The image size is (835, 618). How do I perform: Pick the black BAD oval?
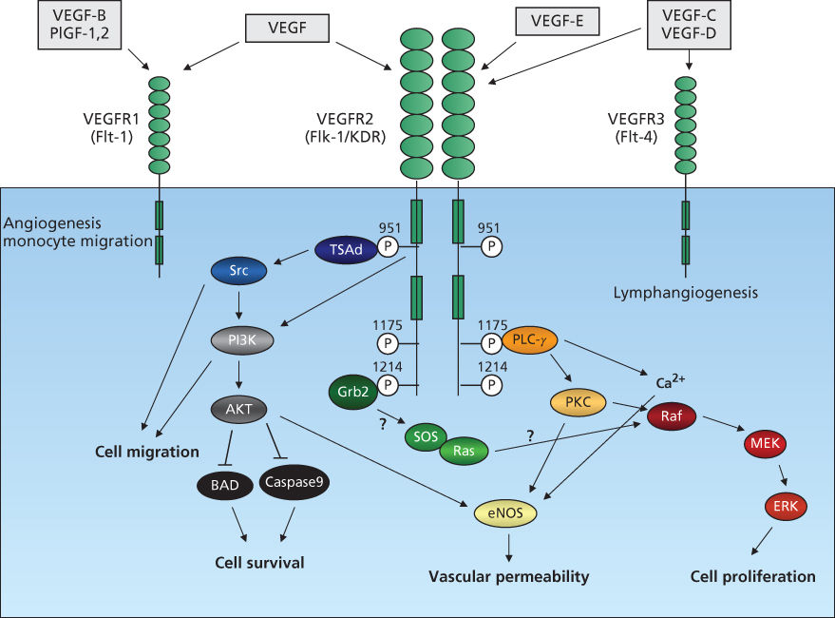(227, 484)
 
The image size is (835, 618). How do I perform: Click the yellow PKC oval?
(578, 403)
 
